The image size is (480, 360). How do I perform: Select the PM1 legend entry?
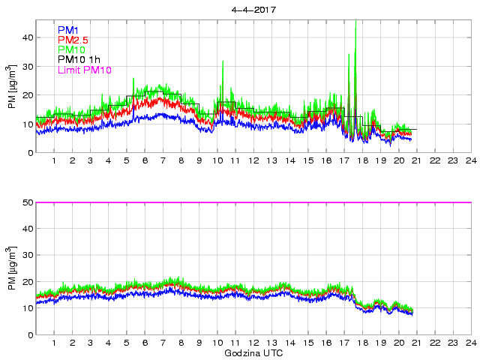[x=67, y=30]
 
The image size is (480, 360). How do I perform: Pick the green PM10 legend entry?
[x=71, y=49]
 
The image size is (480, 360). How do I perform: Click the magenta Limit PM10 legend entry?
[x=84, y=70]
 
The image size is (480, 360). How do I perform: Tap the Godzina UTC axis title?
[x=253, y=352]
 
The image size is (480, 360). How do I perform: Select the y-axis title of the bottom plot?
[x=11, y=268]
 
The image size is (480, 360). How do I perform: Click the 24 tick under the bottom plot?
[x=469, y=343]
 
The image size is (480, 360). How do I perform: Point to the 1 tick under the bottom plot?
[x=55, y=343]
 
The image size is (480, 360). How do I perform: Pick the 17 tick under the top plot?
[x=343, y=161]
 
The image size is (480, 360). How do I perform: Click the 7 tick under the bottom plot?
[x=163, y=343]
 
